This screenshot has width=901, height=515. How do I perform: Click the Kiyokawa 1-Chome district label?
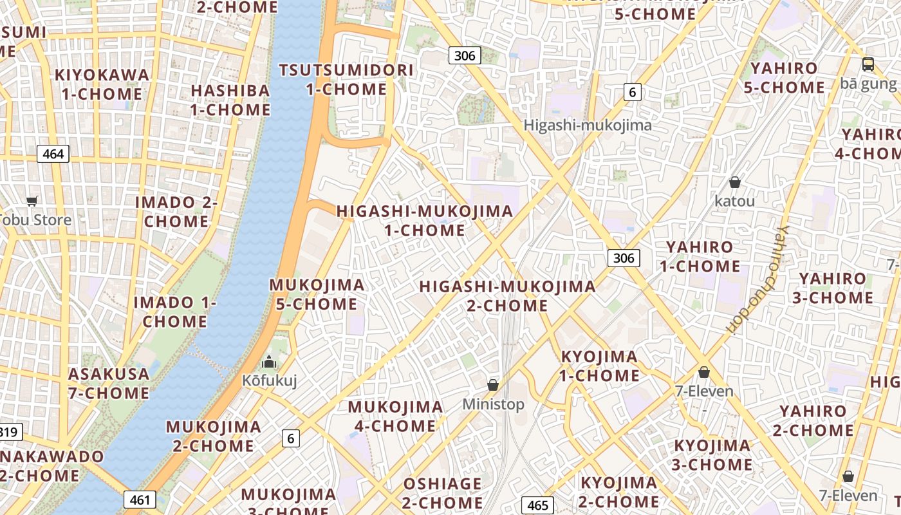point(102,84)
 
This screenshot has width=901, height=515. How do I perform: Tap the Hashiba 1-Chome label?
point(230,100)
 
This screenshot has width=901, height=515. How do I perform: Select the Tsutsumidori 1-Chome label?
point(346,79)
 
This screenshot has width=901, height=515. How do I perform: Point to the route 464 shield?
point(53,154)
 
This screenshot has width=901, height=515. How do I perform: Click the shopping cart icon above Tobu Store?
point(32,201)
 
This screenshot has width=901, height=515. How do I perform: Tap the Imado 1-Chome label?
point(174,312)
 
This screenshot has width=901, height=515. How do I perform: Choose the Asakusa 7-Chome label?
point(109,383)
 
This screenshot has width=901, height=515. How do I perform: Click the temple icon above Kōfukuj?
point(269,362)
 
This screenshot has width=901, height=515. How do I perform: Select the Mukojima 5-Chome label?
point(317,294)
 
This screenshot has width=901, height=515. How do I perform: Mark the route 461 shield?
point(140,500)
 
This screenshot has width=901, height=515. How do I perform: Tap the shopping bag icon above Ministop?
point(493,385)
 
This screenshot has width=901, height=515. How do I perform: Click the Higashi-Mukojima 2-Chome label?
point(507,295)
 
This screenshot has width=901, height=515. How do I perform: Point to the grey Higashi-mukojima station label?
point(588,125)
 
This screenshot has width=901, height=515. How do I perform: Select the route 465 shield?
point(537,505)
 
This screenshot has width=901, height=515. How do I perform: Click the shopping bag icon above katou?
point(734,182)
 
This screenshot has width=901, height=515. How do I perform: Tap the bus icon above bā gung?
point(868,64)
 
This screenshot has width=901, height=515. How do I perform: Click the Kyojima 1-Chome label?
point(599,366)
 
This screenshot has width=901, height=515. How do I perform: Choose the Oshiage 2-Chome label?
point(442,492)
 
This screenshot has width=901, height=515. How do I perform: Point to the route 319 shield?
point(9,432)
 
